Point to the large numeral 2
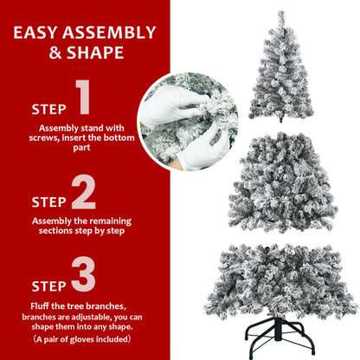click(83, 193)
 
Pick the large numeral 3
click(83, 273)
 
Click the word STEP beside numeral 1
click(48, 110)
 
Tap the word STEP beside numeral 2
click(48, 202)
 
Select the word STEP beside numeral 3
click(48, 285)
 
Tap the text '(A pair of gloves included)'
click(84, 340)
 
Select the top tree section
click(280, 74)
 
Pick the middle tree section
click(283, 183)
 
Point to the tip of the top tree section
click(281, 15)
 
